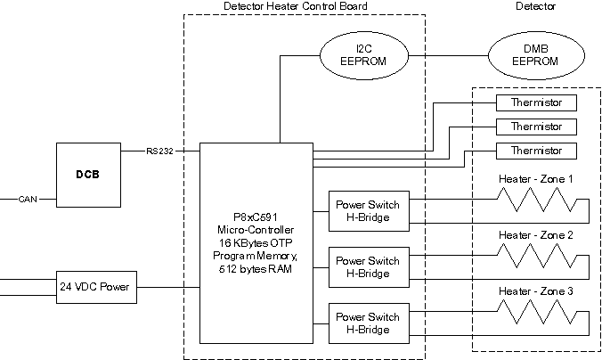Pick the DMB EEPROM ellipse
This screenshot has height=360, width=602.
tap(536, 54)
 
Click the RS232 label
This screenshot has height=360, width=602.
tap(160, 151)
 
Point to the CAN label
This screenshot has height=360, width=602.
tap(27, 200)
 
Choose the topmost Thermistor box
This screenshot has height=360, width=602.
tap(536, 102)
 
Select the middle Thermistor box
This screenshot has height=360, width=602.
tap(536, 127)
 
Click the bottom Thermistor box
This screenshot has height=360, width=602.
tap(536, 150)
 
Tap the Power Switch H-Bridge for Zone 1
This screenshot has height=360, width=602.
tap(367, 210)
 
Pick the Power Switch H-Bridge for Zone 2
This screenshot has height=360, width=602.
tap(367, 267)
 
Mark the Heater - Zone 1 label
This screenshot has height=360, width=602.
tap(535, 179)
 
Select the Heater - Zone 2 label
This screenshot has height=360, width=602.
tap(535, 235)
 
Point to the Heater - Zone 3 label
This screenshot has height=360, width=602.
tap(535, 291)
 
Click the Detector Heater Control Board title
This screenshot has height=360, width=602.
tap(295, 7)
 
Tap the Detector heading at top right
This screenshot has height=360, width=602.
tap(535, 7)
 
